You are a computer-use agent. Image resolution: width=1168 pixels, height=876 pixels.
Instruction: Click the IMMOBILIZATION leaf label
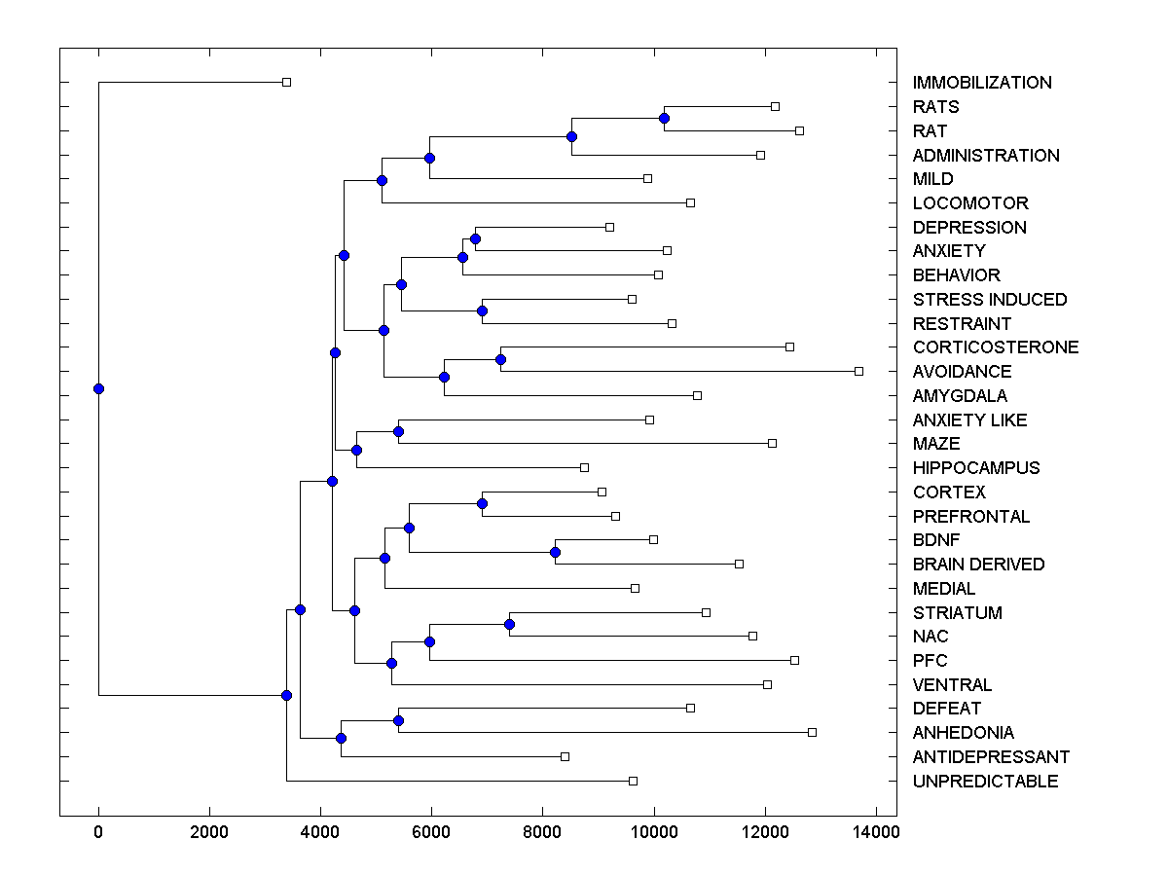point(982,83)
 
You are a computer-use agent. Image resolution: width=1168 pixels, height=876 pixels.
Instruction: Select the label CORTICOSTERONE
point(996,347)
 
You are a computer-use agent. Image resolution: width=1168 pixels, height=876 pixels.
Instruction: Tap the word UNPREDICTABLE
point(985,782)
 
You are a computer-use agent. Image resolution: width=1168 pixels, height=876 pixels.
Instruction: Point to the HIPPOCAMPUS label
point(976,468)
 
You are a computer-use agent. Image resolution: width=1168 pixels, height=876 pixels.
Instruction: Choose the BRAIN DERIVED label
point(978,565)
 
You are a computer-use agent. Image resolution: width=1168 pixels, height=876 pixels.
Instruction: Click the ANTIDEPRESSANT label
point(991,757)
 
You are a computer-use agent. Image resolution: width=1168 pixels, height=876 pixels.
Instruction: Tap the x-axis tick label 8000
point(542,831)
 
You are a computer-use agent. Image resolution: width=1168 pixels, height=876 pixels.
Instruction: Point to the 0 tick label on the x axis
point(98,831)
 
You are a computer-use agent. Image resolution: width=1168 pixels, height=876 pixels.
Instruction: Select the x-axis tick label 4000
point(320,831)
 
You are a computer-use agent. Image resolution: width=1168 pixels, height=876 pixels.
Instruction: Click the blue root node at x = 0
point(98,388)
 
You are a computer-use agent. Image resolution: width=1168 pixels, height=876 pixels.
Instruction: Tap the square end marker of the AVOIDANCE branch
point(858,371)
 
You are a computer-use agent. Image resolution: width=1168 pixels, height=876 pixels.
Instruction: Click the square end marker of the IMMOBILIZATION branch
point(286,82)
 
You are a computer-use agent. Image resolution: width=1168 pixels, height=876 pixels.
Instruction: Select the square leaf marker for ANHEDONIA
point(812,732)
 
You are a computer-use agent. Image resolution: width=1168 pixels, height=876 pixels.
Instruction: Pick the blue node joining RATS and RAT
point(664,118)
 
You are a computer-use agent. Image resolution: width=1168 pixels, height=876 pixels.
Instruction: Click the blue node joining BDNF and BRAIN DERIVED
point(555,552)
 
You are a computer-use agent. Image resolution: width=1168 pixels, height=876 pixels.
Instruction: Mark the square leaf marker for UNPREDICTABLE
point(633,781)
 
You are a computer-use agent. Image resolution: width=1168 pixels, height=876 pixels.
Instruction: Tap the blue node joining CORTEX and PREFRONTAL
point(482,503)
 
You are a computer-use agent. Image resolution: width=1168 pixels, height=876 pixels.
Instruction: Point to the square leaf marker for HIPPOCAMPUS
point(584,467)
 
